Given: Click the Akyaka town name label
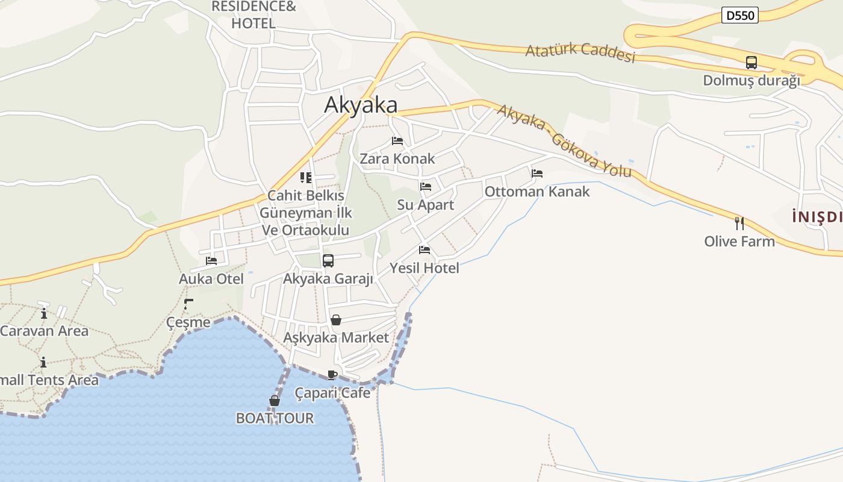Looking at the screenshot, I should coord(361,105).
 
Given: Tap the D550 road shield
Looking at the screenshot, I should coord(739,15).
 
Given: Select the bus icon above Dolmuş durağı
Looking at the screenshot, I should coord(751,62).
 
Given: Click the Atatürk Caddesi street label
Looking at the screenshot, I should coord(580,52).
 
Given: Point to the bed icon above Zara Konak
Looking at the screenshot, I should coord(397,141).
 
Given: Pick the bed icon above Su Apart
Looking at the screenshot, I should coord(426,187).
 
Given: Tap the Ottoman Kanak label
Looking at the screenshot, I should coord(537,192).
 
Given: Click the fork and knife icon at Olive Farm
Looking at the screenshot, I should coord(739,224).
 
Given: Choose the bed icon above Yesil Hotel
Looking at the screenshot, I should coord(425,250).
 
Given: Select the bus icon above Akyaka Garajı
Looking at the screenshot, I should coord(328,261).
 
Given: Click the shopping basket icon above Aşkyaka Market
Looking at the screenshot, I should coord(336,320).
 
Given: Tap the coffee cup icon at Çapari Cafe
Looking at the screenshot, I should coord(332,375).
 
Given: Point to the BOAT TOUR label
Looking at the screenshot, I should coord(275,418).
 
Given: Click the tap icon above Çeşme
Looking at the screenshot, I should coord(188,304).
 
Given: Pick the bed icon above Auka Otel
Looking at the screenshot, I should coord(211,261).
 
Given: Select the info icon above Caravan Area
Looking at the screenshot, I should coord(43,313).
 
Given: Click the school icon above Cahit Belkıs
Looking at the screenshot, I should coord(306,178).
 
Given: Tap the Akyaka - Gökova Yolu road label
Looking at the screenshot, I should coord(564,141).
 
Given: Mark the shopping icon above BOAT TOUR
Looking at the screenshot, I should coord(275,401).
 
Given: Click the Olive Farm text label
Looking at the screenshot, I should coord(739,242).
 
